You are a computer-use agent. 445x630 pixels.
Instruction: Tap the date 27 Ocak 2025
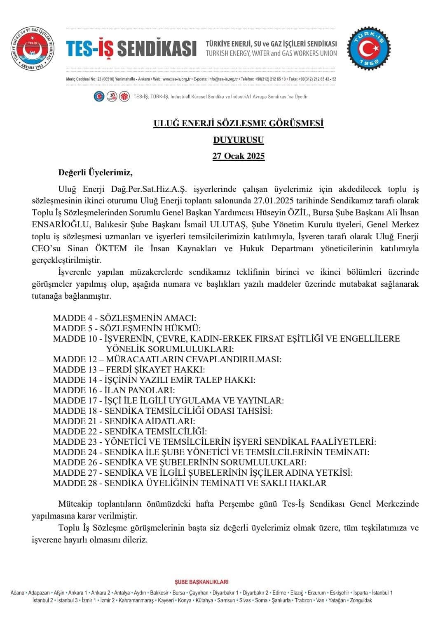click(x=239, y=156)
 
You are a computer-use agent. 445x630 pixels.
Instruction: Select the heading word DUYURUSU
click(x=239, y=140)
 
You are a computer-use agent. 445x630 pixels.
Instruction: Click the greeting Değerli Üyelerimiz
click(x=95, y=172)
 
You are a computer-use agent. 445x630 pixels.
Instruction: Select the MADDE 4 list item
click(x=124, y=318)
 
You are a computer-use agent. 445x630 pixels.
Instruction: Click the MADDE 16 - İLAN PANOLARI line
click(x=114, y=390)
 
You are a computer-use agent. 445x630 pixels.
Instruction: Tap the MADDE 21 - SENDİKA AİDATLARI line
click(x=124, y=421)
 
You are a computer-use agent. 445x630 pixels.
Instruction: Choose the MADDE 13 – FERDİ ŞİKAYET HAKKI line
click(x=129, y=369)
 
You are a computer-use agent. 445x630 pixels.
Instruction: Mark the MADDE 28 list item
click(x=190, y=483)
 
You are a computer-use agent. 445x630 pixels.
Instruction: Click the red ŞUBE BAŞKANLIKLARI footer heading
click(x=201, y=582)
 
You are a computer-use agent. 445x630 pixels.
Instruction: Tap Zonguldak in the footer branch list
click(x=361, y=600)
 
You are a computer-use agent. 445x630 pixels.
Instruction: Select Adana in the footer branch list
click(x=17, y=593)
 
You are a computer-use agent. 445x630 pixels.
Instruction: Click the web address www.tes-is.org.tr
click(x=172, y=79)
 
